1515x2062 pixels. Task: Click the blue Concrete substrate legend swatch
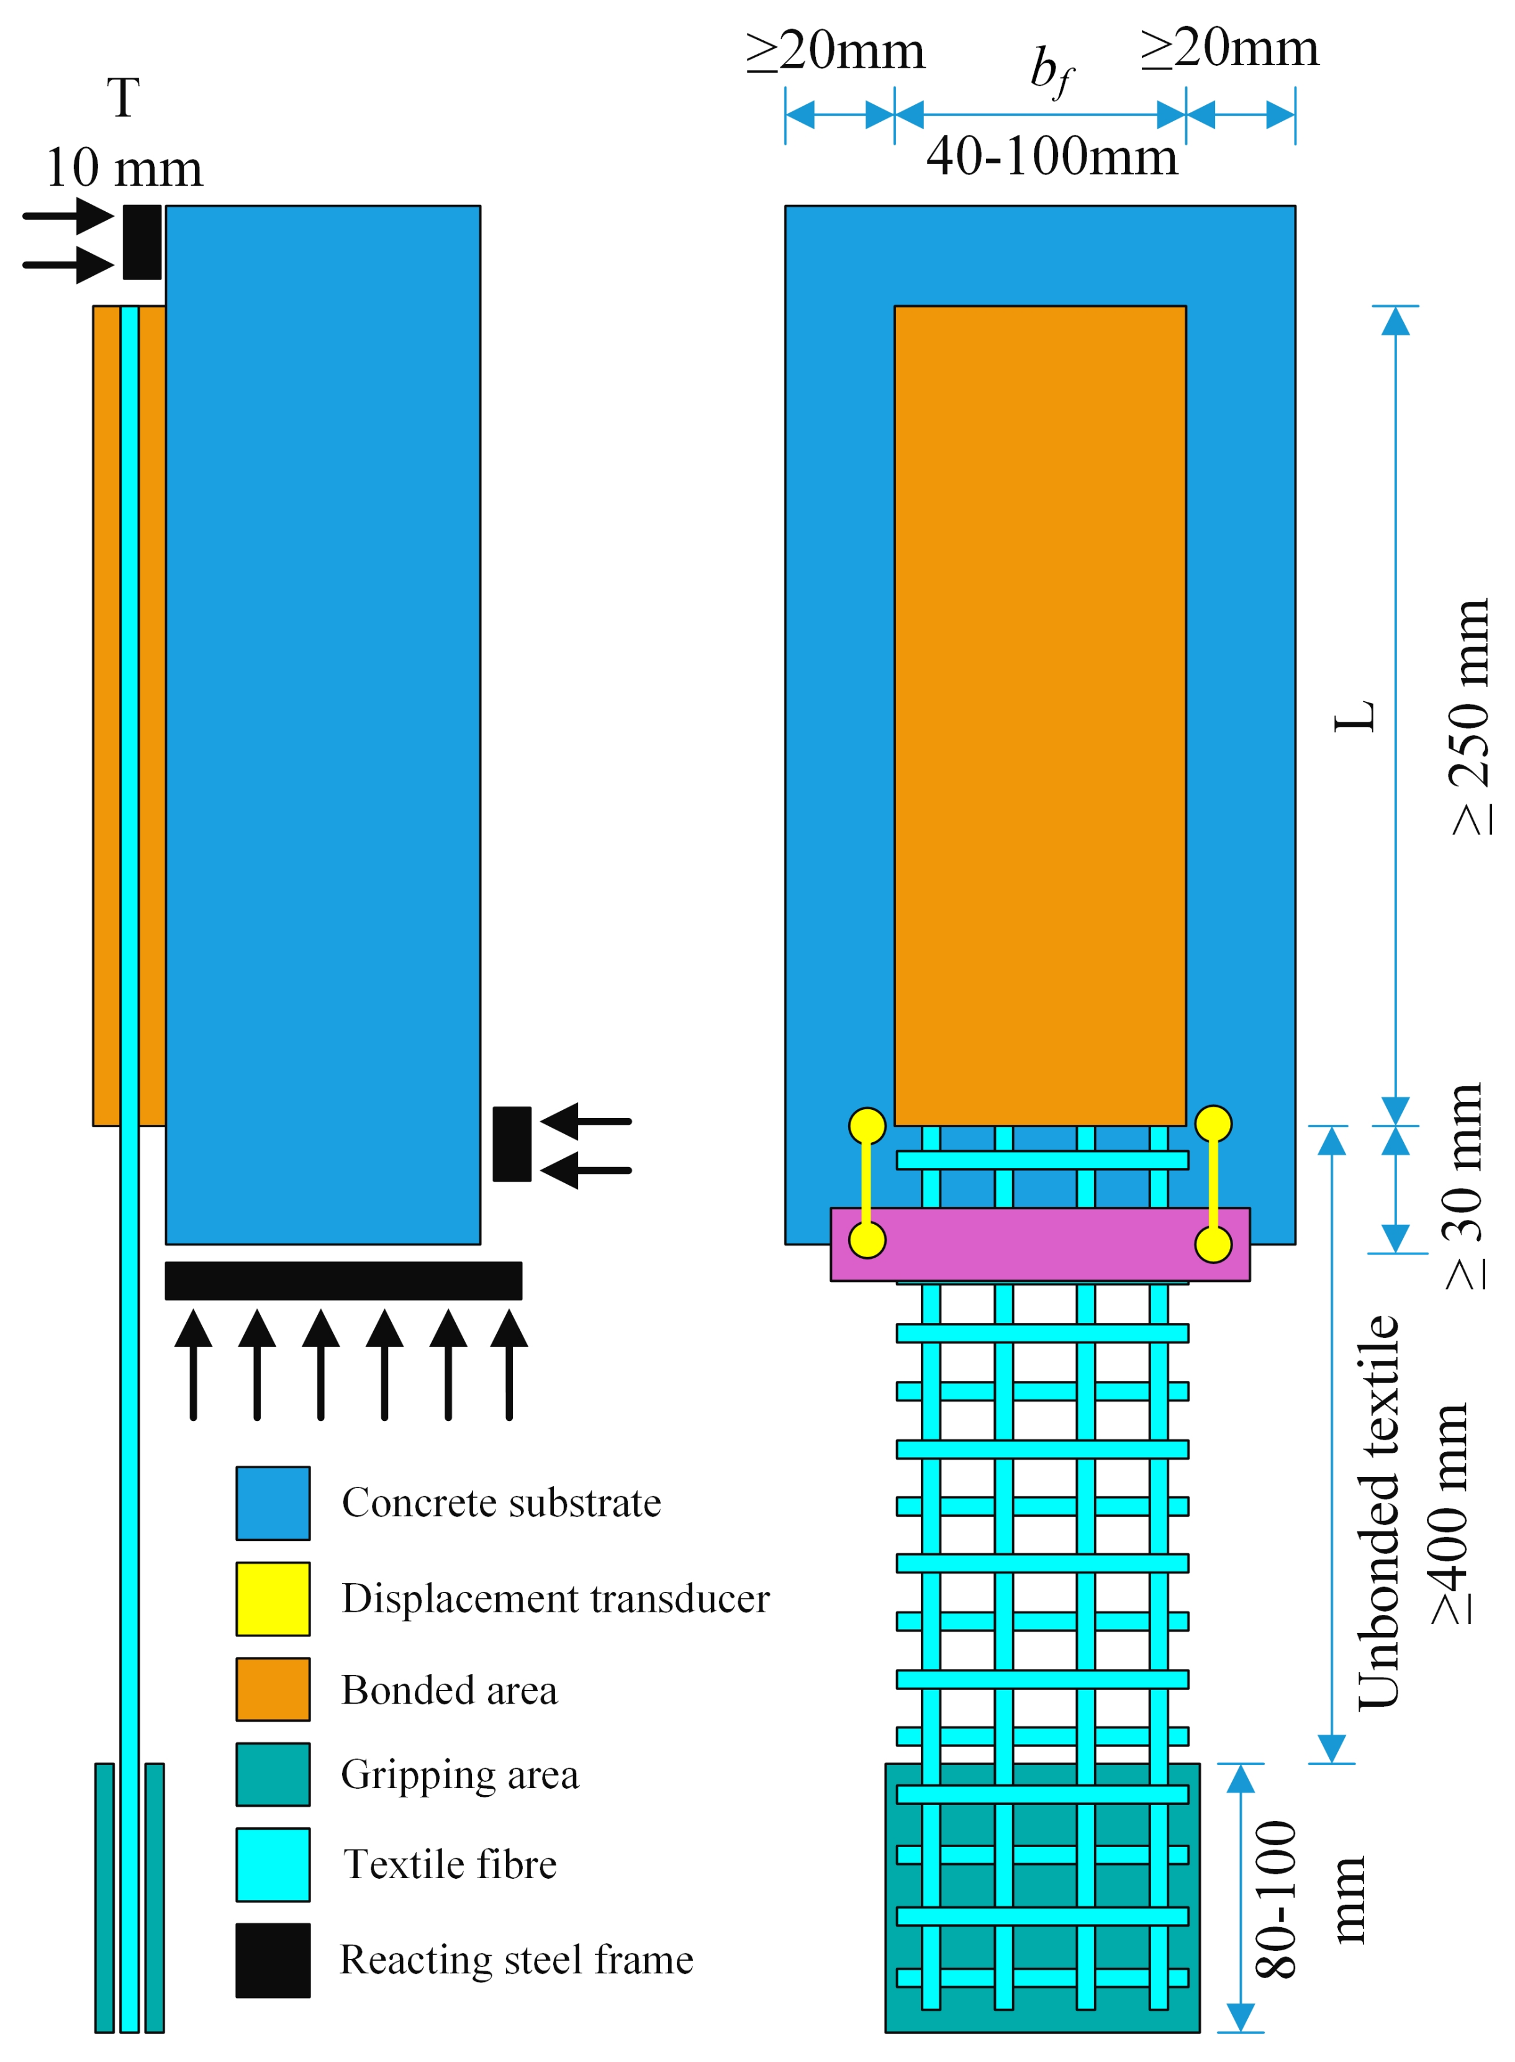[x=273, y=1502]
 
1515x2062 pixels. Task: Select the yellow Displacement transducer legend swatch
[x=273, y=1598]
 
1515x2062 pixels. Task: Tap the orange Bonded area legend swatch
[x=273, y=1689]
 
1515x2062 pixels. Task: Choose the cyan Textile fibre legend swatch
[x=273, y=1864]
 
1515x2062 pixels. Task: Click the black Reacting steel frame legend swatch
[x=273, y=1960]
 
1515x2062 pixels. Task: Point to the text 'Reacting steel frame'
[x=517, y=1960]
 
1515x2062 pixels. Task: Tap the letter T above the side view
[x=123, y=98]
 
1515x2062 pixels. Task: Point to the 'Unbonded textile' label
[x=1378, y=1514]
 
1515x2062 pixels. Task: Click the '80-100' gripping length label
[x=1277, y=1899]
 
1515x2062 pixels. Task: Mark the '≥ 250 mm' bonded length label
[x=1470, y=715]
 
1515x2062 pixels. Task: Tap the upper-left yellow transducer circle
[x=867, y=1125]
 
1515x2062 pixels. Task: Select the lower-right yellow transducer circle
[x=1213, y=1245]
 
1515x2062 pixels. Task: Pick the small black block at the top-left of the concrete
[x=142, y=242]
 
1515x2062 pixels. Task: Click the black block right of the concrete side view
[x=512, y=1144]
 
